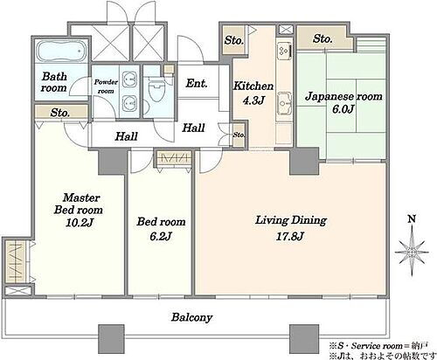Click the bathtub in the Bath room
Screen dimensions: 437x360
(62, 52)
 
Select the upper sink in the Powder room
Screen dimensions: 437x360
(129, 79)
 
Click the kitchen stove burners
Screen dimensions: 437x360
(284, 51)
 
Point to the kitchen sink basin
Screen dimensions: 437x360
(284, 103)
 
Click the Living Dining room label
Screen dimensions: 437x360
(291, 220)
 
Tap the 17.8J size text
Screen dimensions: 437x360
(290, 236)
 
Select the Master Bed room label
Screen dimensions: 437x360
(78, 204)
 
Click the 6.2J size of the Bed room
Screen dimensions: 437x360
(160, 236)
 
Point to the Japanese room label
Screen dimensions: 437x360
(343, 96)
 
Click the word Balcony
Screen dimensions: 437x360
(191, 317)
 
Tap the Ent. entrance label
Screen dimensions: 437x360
(197, 84)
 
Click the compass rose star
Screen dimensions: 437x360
(412, 253)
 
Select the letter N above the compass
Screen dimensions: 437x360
(412, 219)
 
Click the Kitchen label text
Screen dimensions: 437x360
(253, 87)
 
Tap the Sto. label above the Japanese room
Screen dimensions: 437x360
(323, 38)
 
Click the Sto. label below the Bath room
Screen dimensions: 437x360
(59, 113)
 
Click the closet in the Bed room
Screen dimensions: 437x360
(173, 158)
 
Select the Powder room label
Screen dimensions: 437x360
(106, 87)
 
